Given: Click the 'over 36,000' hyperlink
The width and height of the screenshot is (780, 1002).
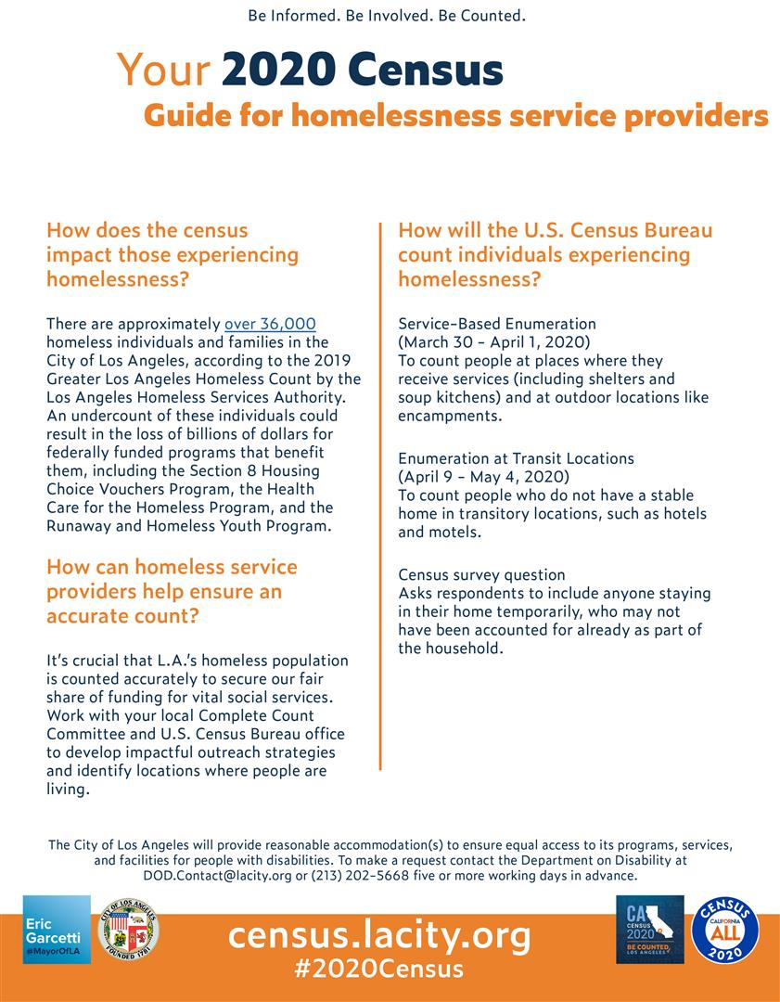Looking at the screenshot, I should pos(270,324).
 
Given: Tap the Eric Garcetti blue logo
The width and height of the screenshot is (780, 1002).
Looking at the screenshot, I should pos(57,930).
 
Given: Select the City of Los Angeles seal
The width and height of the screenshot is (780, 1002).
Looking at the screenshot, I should pos(128,929).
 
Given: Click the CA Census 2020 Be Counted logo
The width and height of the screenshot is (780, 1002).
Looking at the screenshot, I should pos(649,929).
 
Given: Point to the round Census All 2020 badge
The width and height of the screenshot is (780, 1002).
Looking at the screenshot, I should pos(725,930).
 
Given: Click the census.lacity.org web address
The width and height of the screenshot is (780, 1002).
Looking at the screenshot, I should pos(379,934).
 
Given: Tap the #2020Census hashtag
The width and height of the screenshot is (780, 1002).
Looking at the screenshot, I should pos(378,970).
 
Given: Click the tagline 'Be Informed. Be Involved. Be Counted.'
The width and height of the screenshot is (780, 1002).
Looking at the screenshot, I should pos(388,16).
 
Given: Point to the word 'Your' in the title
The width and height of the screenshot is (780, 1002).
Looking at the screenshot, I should pos(163,71).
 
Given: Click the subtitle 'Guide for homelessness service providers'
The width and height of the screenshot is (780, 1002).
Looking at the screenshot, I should pos(455,116).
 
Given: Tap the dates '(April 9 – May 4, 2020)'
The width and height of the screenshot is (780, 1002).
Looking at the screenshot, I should pos(483,477).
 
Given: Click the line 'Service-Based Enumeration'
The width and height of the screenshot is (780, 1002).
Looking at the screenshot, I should pos(497,324).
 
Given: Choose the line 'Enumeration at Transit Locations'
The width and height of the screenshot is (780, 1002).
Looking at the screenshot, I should pos(516,458).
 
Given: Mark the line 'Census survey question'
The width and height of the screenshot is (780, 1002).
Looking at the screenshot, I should pos(481,575).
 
